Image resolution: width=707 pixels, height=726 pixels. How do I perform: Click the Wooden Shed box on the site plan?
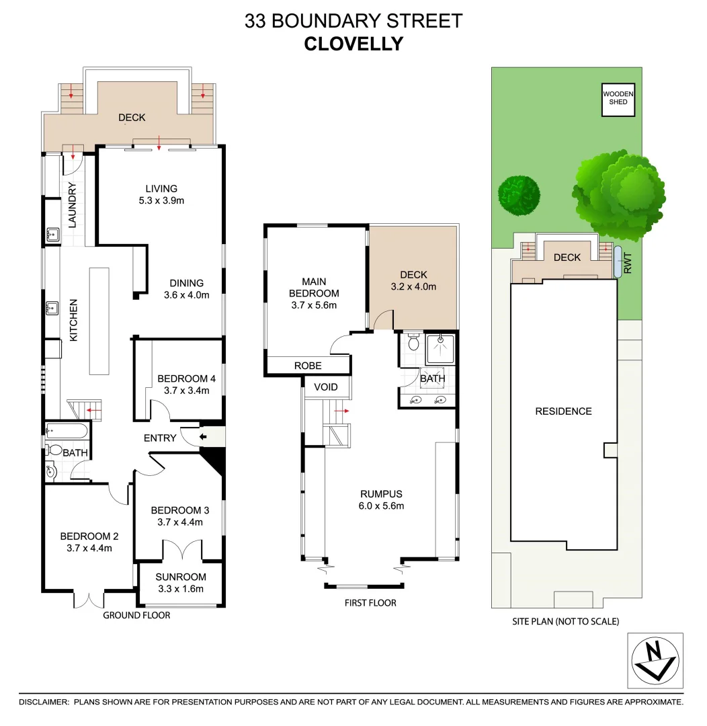[x=618, y=98]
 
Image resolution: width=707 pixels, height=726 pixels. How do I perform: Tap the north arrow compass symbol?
[x=655, y=661]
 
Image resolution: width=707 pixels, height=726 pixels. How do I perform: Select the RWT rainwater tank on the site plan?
[x=618, y=262]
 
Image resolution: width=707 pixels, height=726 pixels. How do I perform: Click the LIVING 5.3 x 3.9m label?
[x=161, y=194]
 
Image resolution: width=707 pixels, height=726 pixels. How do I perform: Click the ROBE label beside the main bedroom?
[x=308, y=366]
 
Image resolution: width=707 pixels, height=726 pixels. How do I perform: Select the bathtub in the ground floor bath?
[x=68, y=431]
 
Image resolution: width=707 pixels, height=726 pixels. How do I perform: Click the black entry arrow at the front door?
[x=204, y=438]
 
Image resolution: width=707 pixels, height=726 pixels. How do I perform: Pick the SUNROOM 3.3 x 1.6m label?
[x=180, y=583]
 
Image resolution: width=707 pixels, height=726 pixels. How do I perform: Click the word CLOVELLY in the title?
[x=354, y=44]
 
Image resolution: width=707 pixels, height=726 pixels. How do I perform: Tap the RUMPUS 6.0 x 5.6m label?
[x=380, y=500]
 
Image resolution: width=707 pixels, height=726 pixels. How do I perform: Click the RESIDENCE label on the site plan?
[x=563, y=411]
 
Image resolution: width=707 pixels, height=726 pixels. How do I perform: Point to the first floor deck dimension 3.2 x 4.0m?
[x=413, y=286]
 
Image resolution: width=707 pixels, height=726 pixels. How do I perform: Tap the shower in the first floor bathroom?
[x=441, y=348]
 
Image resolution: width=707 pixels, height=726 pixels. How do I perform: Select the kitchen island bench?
[x=98, y=321]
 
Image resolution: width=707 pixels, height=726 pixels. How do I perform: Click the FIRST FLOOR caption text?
[x=370, y=603]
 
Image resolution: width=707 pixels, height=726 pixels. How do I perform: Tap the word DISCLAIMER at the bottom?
[x=44, y=702]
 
